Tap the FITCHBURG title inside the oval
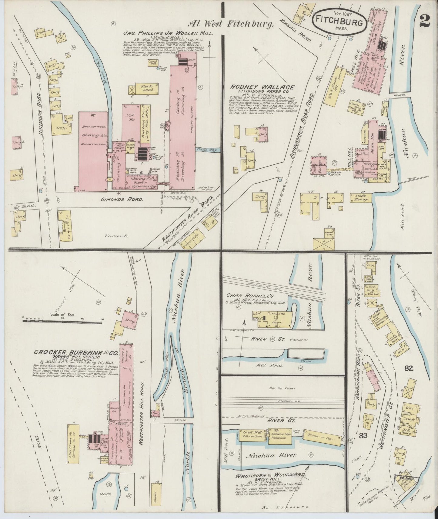(x=335, y=21)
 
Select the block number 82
(x=409, y=368)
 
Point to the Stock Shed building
(x=146, y=88)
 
